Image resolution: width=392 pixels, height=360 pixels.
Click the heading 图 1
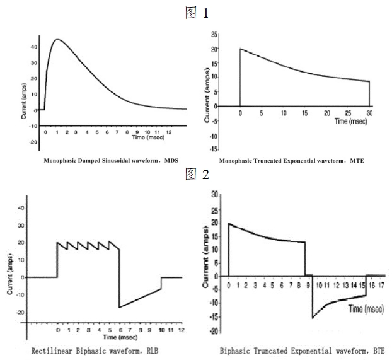pos(196,11)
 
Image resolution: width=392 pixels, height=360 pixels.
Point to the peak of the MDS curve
pos(58,40)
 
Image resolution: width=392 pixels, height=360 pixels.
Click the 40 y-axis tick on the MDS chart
pos(32,46)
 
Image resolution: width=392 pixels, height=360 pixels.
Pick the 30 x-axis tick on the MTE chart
pos(370,113)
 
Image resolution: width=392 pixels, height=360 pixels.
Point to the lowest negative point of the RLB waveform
pos(118,307)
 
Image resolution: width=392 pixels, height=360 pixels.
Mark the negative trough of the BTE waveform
pos(313,317)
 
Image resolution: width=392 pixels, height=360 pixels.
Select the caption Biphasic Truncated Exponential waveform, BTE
pos(301,350)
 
